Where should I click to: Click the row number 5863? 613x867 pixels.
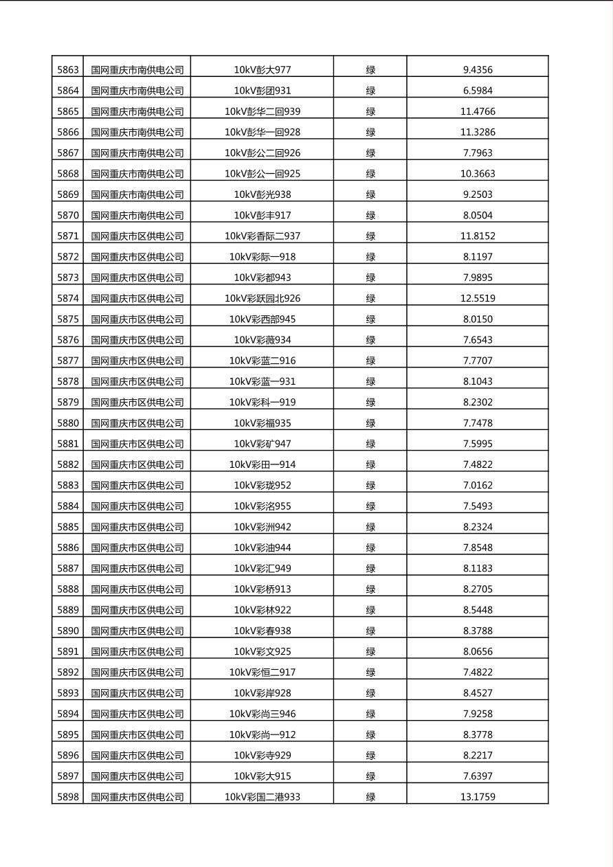click(x=68, y=69)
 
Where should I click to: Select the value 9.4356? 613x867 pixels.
click(x=478, y=69)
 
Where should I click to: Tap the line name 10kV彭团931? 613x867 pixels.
click(x=262, y=90)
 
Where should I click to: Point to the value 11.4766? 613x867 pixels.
click(x=478, y=111)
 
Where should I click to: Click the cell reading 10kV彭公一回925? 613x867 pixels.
click(x=262, y=174)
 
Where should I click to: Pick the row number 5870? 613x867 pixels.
click(x=68, y=215)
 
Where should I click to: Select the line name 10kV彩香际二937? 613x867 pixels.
click(x=262, y=236)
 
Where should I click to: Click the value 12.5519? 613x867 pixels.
click(x=478, y=298)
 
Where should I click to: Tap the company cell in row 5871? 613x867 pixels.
click(x=137, y=236)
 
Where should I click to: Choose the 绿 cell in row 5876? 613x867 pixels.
click(x=370, y=340)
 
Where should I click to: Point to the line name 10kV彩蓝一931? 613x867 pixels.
click(x=262, y=381)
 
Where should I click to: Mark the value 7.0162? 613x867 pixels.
click(x=478, y=485)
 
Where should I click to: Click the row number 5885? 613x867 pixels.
click(x=68, y=527)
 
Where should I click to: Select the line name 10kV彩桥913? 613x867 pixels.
click(x=262, y=589)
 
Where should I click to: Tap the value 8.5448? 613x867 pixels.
click(x=478, y=610)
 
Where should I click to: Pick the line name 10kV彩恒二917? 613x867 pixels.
click(x=262, y=672)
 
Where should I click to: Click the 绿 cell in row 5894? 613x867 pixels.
click(x=370, y=714)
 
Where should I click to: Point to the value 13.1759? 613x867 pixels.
click(x=478, y=797)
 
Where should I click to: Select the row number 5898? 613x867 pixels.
click(x=68, y=797)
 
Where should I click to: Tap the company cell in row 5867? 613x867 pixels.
click(x=137, y=153)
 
